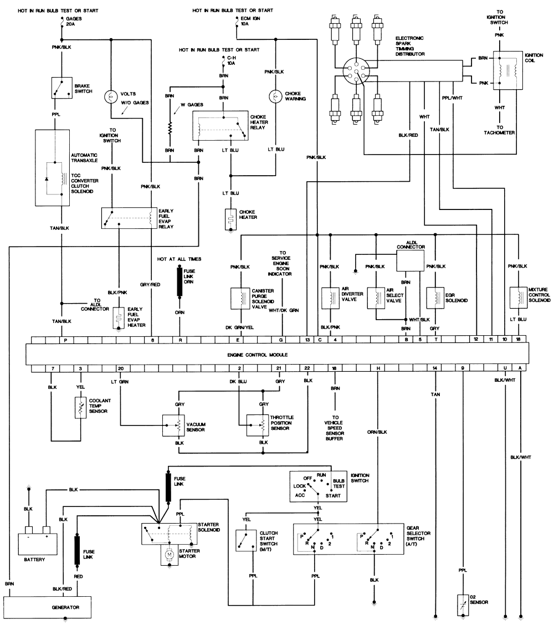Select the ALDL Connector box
click(410, 260)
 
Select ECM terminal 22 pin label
click(307, 368)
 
